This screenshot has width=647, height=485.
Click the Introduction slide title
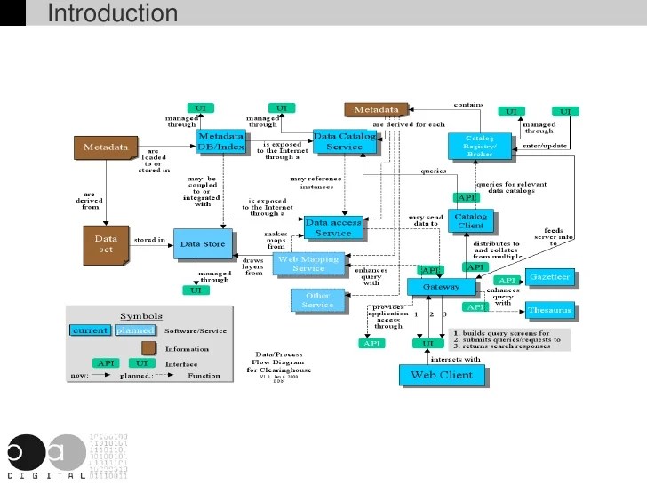click(x=112, y=13)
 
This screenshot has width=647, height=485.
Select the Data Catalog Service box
click(x=344, y=141)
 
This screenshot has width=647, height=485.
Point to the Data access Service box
click(x=333, y=227)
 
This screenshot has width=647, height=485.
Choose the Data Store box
click(x=203, y=243)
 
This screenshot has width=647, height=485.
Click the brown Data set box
click(x=106, y=243)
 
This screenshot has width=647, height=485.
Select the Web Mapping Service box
click(x=308, y=263)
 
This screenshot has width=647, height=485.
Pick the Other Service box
click(x=317, y=300)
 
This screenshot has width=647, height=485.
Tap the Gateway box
click(x=441, y=287)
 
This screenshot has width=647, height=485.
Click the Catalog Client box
click(x=470, y=221)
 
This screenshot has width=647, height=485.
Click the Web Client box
click(x=442, y=375)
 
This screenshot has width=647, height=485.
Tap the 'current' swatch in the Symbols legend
click(x=91, y=330)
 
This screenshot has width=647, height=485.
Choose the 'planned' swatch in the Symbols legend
click(x=134, y=330)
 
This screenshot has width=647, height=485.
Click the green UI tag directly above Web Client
click(x=427, y=343)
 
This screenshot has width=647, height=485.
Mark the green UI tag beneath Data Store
click(x=195, y=290)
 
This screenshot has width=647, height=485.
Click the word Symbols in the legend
click(x=141, y=316)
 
